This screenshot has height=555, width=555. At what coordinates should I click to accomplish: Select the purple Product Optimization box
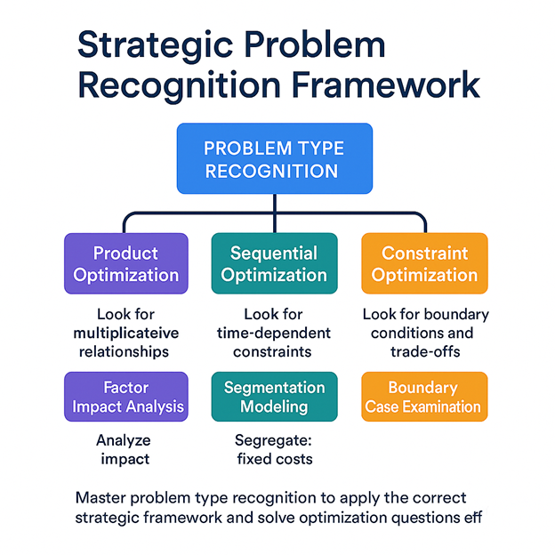[125, 263]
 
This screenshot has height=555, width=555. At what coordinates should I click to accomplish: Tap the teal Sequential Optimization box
[274, 263]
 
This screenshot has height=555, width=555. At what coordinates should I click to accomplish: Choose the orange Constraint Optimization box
[424, 263]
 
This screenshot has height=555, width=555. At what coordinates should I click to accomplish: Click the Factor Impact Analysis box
[125, 398]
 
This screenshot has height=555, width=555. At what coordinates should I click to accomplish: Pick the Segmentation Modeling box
[274, 397]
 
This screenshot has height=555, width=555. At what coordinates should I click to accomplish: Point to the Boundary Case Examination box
[423, 398]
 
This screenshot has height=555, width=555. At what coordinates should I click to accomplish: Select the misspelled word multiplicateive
[125, 333]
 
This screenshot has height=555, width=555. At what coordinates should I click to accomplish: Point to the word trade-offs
[425, 351]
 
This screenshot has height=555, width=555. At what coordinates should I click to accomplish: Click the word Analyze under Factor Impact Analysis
[125, 440]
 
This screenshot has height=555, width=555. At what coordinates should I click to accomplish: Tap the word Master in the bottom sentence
[101, 496]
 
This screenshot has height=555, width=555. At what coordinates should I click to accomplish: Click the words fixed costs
[274, 459]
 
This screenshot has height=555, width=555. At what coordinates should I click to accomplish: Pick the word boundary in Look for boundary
[457, 314]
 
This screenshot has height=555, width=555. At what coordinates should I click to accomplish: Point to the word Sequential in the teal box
[274, 253]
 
